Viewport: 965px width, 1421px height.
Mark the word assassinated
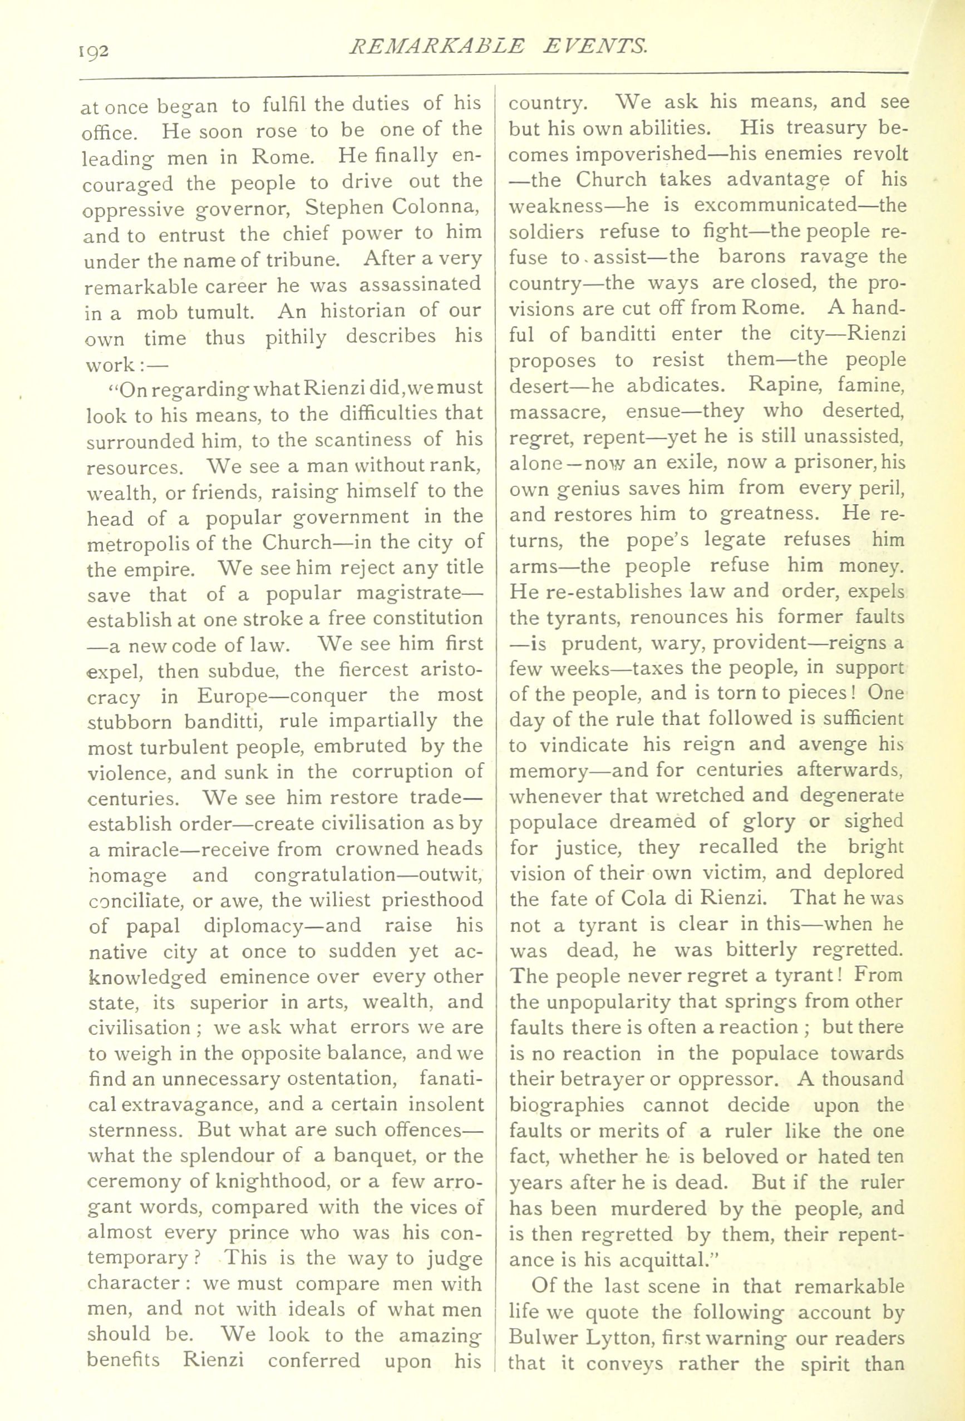coord(420,285)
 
